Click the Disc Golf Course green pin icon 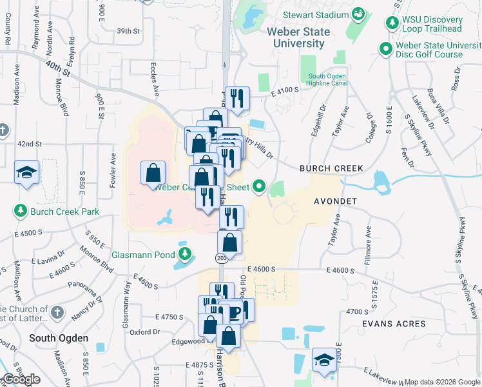click(x=385, y=48)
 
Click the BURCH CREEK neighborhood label click(x=331, y=168)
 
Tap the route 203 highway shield click(x=221, y=258)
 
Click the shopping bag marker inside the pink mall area click(x=153, y=173)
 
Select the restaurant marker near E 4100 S click(x=236, y=99)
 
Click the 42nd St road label click(x=30, y=143)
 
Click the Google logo click(x=21, y=379)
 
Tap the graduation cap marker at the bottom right click(x=324, y=360)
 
